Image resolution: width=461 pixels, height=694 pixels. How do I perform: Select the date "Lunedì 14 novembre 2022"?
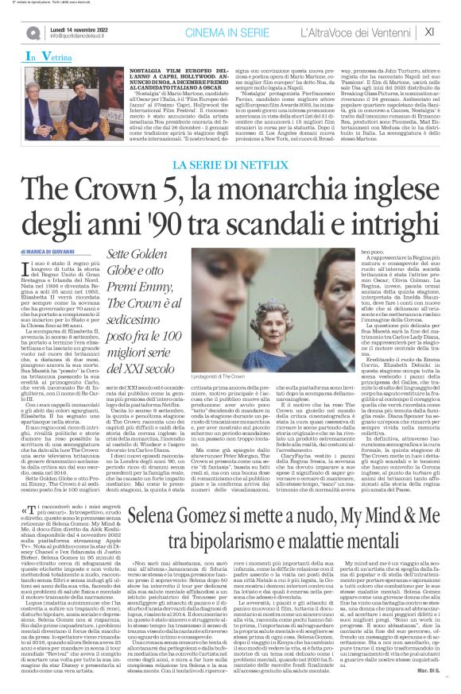pos(78,28)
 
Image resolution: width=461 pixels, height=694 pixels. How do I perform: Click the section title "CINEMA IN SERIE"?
pos(219,32)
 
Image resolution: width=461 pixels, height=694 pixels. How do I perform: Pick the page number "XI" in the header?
pos(430,32)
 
